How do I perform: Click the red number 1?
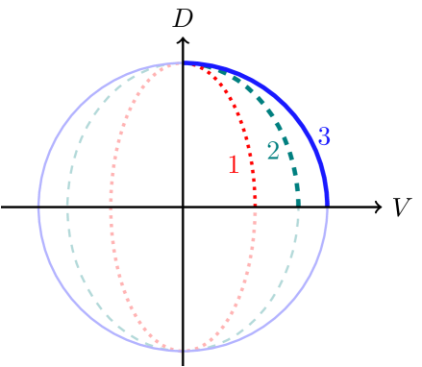click(233, 164)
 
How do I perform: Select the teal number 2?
click(273, 151)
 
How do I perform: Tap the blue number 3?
click(324, 137)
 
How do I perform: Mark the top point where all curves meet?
click(183, 62)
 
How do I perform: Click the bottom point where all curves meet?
click(183, 351)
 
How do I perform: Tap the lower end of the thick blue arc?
click(327, 205)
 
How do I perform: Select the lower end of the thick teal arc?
click(298, 205)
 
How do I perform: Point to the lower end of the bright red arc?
click(255, 205)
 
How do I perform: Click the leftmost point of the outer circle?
click(38, 206)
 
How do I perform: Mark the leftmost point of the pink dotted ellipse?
click(111, 207)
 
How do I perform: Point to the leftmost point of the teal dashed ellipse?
click(67, 207)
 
